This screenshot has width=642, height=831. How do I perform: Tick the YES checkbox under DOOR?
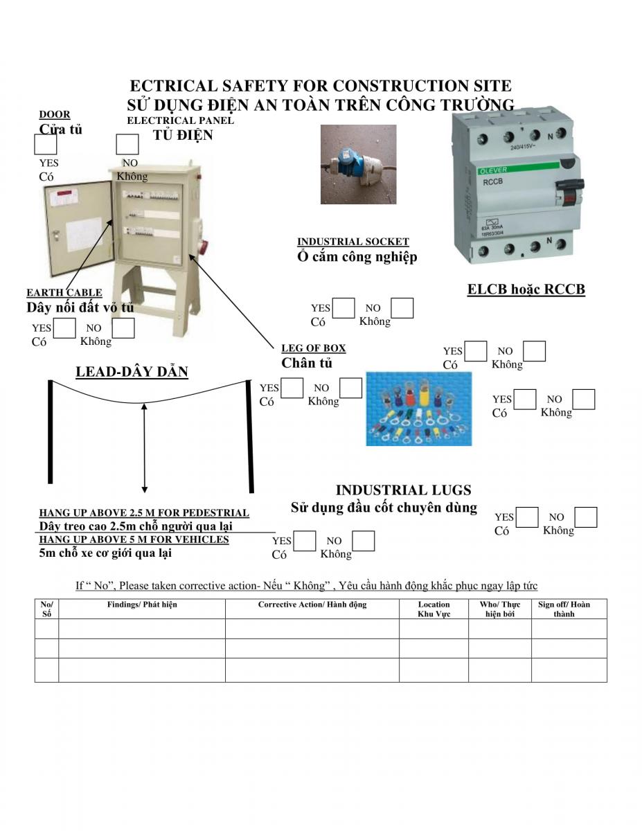[x=46, y=144]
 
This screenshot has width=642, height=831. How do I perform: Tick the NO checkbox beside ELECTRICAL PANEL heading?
[x=127, y=144]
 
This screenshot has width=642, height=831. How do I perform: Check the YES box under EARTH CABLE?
[x=64, y=328]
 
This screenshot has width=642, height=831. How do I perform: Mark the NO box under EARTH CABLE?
[x=123, y=328]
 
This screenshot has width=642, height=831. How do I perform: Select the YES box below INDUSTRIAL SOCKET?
[x=344, y=308]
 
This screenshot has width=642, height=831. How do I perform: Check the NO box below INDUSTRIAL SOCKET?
[x=402, y=308]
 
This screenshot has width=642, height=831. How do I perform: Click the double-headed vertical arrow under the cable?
[x=144, y=447]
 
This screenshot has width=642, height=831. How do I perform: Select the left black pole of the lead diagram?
[x=50, y=431]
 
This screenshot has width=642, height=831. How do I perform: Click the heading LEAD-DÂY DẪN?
[x=132, y=372]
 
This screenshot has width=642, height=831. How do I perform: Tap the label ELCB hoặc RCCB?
[x=526, y=289]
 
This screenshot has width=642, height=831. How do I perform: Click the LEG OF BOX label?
[x=314, y=348]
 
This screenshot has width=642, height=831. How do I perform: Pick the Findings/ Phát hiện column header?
[x=142, y=605]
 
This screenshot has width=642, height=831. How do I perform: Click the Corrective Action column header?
[x=312, y=605]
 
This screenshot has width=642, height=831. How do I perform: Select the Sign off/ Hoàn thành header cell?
[x=564, y=609]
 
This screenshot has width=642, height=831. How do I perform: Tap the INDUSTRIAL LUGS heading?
[x=403, y=490]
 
